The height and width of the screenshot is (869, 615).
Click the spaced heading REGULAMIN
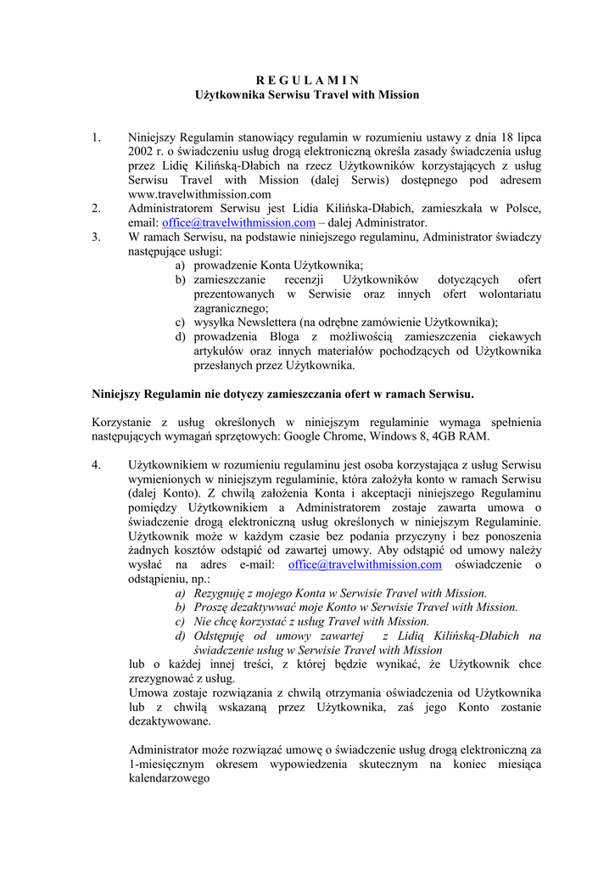coord(308,81)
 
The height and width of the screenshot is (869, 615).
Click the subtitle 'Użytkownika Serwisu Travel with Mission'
coord(308,95)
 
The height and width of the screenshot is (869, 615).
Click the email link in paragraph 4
coord(365,564)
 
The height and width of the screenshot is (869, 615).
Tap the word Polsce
coord(522,209)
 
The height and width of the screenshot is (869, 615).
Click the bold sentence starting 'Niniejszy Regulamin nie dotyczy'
coord(282,394)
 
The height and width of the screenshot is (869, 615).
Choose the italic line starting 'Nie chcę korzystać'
coord(311,621)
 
